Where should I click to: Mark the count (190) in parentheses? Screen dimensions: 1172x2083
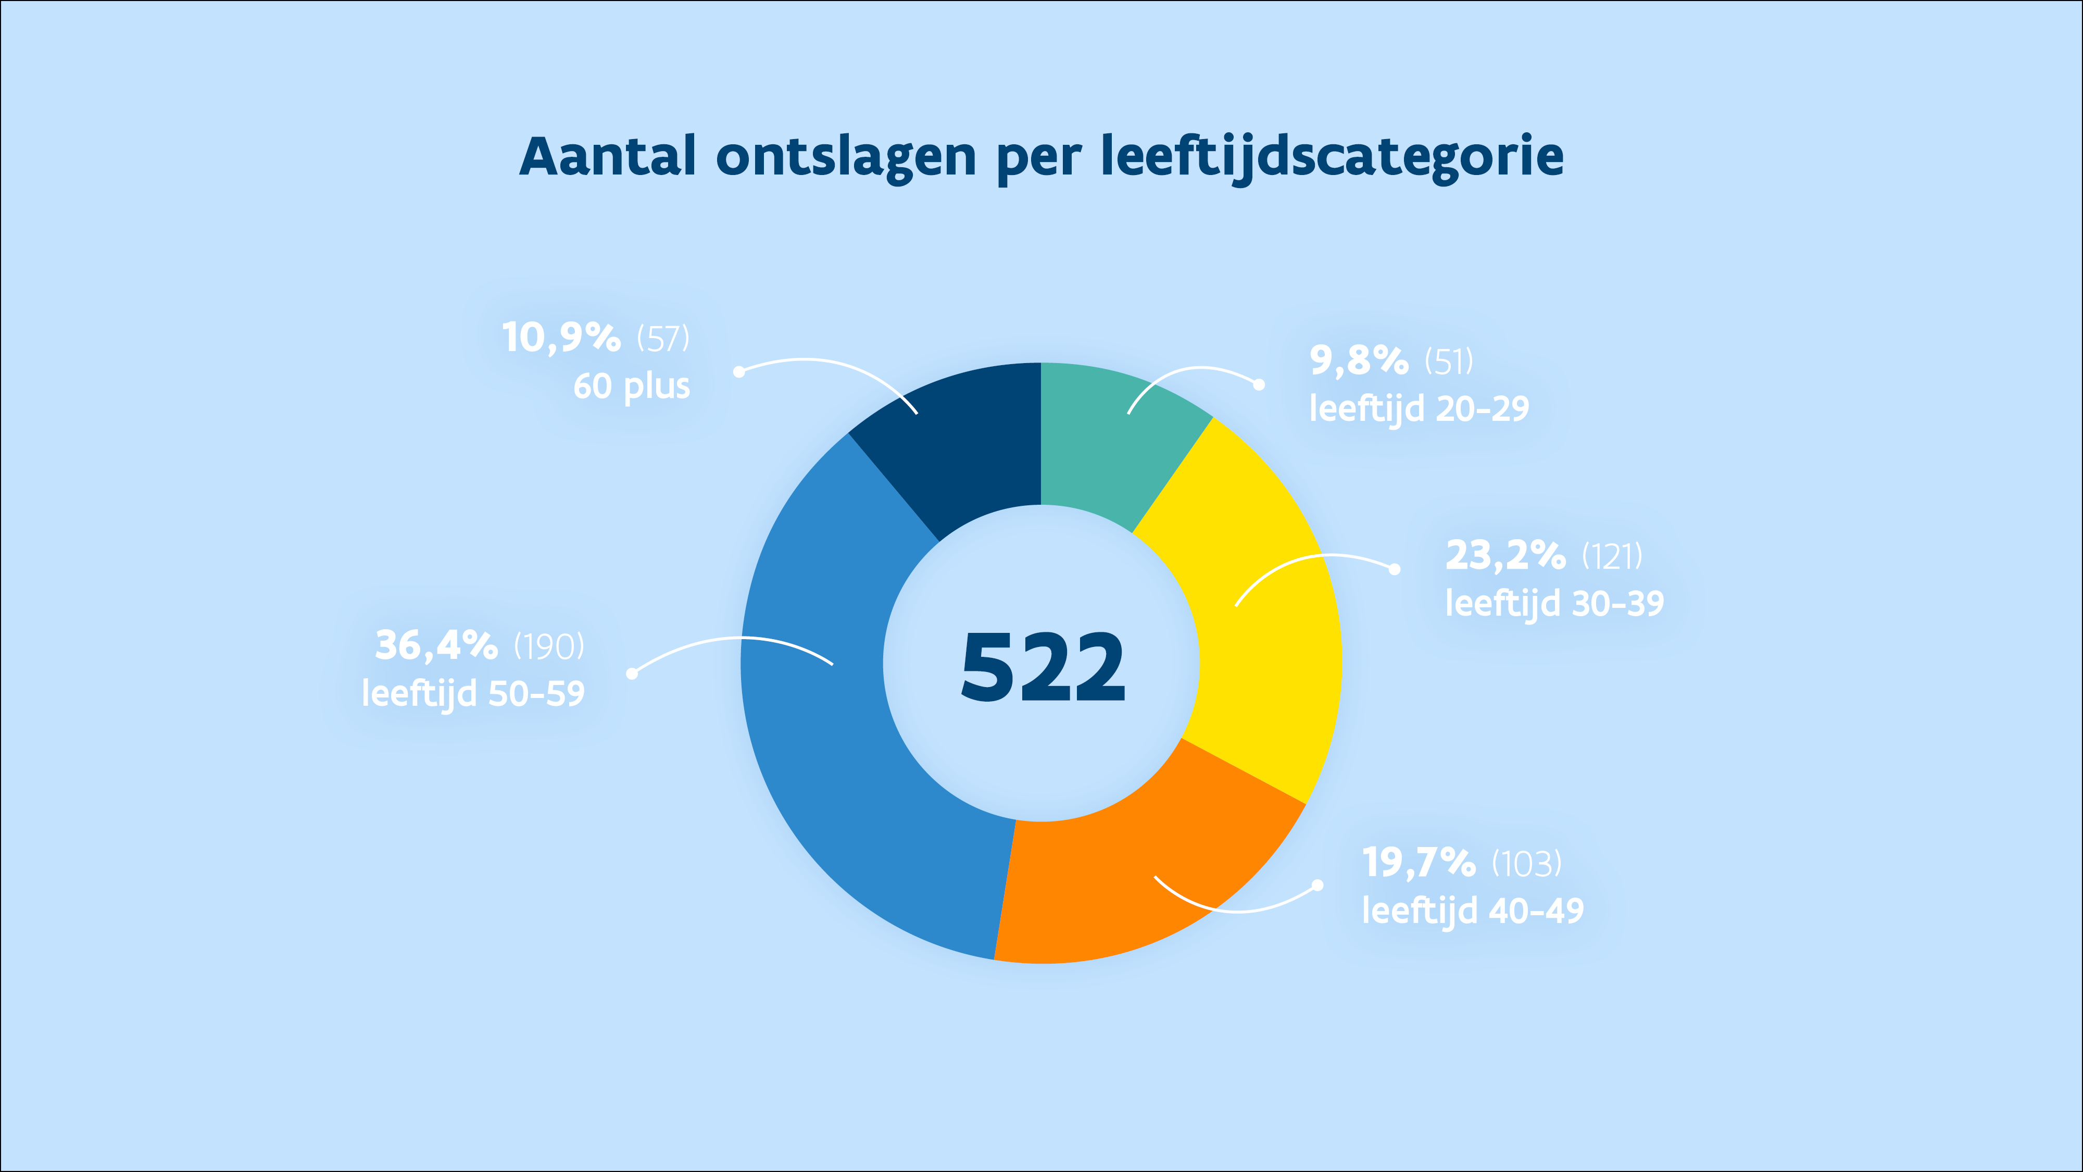[549, 647]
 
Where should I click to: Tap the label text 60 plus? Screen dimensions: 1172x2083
[632, 386]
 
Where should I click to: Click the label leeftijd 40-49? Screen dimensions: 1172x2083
[1473, 911]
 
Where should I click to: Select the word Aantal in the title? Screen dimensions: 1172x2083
[607, 156]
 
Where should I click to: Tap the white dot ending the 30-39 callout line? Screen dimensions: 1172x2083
[1394, 569]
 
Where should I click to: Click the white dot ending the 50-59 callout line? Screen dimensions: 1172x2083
[632, 673]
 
